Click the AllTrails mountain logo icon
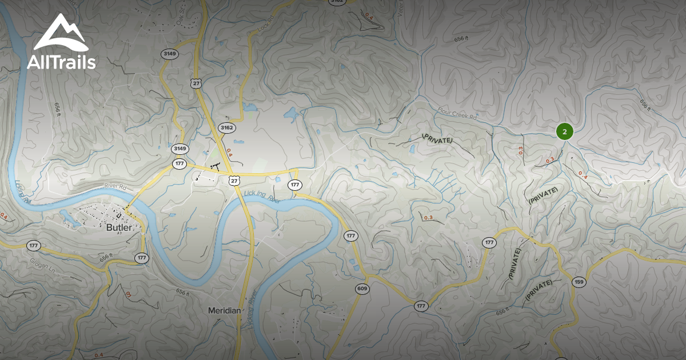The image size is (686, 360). (60, 34)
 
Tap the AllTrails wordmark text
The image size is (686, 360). (61, 62)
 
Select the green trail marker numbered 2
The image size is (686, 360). (564, 131)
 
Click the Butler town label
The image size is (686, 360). (119, 227)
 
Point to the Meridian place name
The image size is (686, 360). (224, 310)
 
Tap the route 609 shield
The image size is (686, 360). (361, 289)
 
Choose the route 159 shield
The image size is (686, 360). (579, 282)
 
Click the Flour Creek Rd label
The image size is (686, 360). (457, 113)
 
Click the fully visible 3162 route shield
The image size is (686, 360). (226, 127)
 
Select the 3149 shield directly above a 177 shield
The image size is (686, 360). (180, 149)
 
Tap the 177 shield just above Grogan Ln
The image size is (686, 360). (33, 246)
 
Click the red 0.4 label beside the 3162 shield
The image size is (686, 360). (229, 153)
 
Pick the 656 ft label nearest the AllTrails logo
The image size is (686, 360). (57, 109)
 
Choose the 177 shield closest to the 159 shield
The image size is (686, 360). (489, 242)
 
